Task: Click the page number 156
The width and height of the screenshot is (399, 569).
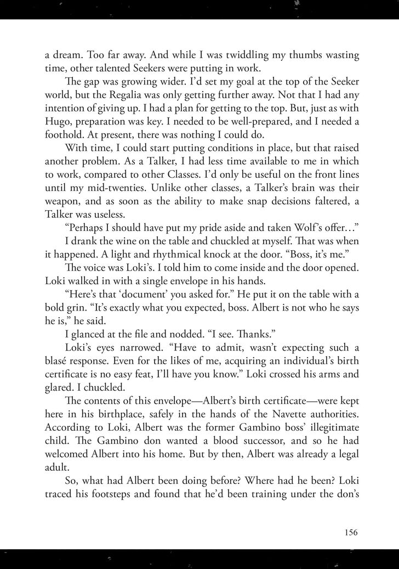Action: coord(351,531)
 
